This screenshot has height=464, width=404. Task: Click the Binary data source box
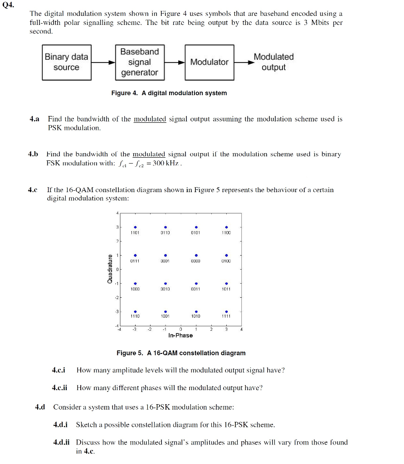[66, 62]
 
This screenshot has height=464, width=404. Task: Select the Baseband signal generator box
[139, 62]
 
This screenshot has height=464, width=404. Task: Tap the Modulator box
[209, 62]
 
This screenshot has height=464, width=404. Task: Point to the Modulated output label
[273, 62]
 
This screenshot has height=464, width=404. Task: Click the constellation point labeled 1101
[135, 227]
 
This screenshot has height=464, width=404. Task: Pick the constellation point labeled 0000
[196, 255]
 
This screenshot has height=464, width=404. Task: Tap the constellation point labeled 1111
[226, 311]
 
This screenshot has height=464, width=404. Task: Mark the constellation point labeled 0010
[165, 283]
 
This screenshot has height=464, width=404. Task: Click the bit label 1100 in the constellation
[226, 233]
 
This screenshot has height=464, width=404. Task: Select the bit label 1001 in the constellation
[165, 316]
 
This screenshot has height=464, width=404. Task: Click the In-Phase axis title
[180, 335]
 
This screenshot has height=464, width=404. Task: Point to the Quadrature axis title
[110, 269]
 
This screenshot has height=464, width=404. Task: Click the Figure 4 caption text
[169, 93]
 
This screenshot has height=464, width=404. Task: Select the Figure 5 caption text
[181, 353]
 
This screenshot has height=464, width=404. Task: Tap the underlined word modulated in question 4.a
[150, 119]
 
